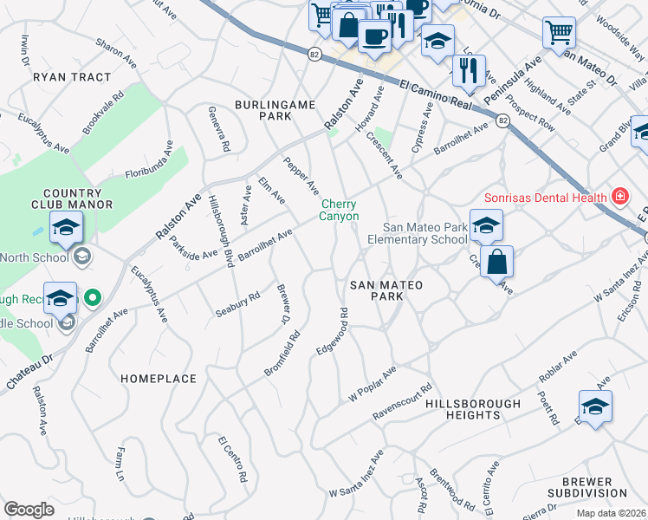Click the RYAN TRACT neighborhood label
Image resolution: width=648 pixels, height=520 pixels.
pyautogui.click(x=72, y=77)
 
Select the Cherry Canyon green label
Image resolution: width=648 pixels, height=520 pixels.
pyautogui.click(x=339, y=211)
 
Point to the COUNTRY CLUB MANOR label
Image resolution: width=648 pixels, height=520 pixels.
pyautogui.click(x=78, y=198)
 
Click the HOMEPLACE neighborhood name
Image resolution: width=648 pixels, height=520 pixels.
pyautogui.click(x=159, y=379)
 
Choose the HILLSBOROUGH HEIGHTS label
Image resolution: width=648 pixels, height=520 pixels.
pyautogui.click(x=470, y=410)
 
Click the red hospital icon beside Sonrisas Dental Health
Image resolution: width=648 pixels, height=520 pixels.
pyautogui.click(x=619, y=197)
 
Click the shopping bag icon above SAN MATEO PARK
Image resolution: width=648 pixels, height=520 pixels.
pyautogui.click(x=496, y=263)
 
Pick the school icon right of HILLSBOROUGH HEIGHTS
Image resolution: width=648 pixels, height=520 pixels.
pyautogui.click(x=595, y=406)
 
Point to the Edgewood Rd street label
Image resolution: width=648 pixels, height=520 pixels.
pyautogui.click(x=334, y=330)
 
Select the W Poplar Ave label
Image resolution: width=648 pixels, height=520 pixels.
pyautogui.click(x=372, y=382)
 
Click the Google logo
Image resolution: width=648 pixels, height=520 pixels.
pyautogui.click(x=29, y=509)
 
